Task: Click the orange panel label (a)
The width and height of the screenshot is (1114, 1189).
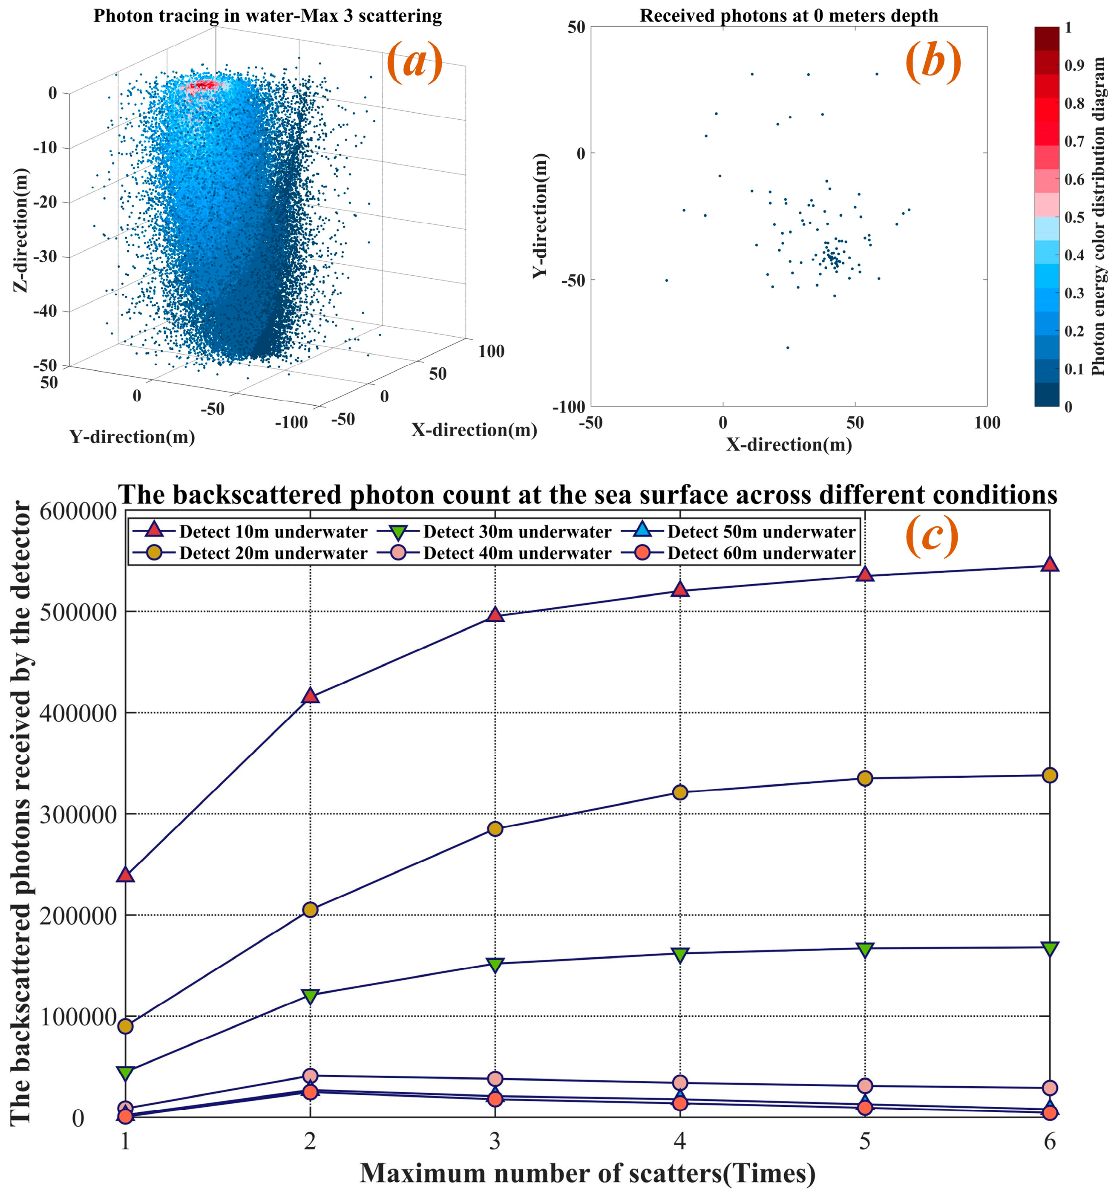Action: pos(415,62)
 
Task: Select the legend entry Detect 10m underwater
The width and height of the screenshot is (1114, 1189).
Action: pos(273,532)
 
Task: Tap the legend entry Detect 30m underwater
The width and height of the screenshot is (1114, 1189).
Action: pos(517,532)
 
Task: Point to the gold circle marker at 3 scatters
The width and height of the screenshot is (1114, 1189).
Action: pos(495,828)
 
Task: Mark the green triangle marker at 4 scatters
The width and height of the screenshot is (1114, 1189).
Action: pos(680,955)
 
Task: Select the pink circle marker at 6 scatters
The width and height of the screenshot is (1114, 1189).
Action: pos(1049,1087)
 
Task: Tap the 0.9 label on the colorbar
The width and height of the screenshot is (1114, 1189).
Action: pos(1074,65)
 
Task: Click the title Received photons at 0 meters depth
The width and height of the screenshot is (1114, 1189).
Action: pos(788,15)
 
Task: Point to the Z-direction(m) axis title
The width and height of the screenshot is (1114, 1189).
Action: pos(21,230)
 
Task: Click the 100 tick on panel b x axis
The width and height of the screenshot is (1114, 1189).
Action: pos(987,423)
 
